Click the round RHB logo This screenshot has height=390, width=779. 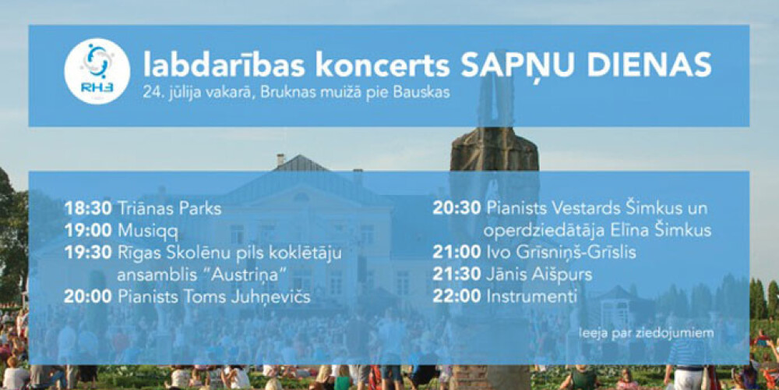(97, 71)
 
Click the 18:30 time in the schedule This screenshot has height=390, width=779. (89, 208)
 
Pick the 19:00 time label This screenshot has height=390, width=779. (89, 231)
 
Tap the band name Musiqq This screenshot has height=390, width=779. (148, 232)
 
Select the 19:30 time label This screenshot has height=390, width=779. (89, 253)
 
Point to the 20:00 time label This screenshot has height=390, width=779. (88, 297)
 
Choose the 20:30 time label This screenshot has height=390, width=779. (456, 208)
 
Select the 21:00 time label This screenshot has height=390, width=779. (456, 252)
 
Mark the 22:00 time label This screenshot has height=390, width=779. (456, 297)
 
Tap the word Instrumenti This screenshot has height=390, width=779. (531, 297)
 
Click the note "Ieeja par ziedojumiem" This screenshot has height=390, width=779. (646, 332)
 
